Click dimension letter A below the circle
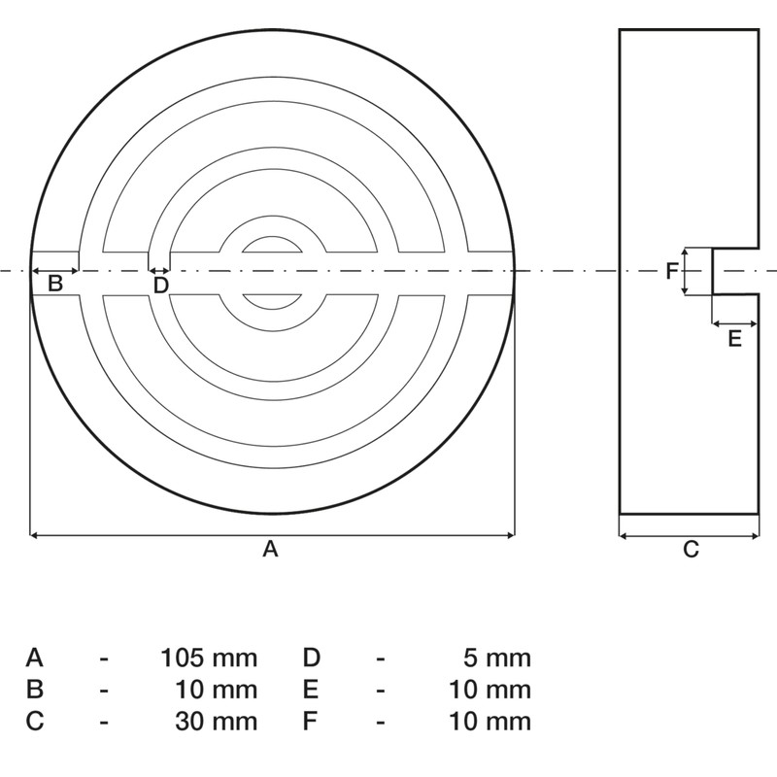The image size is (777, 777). click(271, 550)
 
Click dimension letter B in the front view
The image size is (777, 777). click(55, 284)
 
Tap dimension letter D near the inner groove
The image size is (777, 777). click(161, 285)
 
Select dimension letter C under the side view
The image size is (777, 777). click(691, 550)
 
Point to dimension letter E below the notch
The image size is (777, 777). click(734, 338)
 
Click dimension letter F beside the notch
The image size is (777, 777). click(671, 271)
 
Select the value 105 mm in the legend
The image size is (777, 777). click(209, 658)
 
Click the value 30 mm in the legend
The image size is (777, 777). click(217, 721)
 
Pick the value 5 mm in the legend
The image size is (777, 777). click(497, 658)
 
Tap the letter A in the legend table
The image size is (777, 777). click(34, 658)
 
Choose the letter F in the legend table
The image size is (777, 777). click(310, 721)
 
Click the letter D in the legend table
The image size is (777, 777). click(311, 658)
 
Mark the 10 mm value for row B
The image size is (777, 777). click(217, 690)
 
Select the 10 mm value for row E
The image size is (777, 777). click(490, 690)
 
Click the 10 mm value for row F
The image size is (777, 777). click(490, 721)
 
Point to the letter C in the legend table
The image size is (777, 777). click(35, 721)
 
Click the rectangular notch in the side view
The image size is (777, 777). click(735, 271)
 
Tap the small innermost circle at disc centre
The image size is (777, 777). click(272, 271)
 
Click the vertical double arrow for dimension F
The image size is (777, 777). click(686, 271)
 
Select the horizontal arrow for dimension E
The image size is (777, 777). click(735, 322)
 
